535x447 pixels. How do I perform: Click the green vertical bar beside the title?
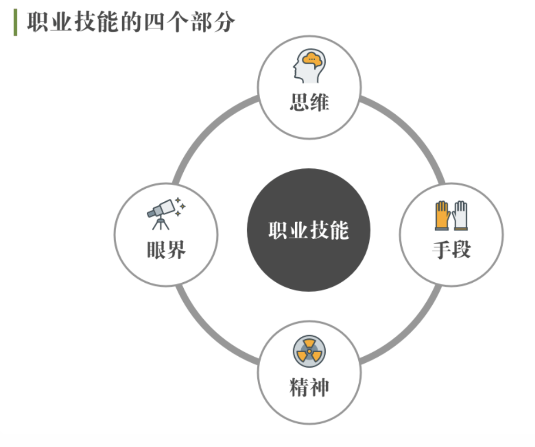[15, 22]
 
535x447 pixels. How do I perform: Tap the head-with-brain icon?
[309, 66]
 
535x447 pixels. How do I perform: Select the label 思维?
[309, 102]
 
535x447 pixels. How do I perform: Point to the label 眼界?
[166, 250]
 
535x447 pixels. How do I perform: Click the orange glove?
[442, 215]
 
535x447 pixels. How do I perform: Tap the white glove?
[460, 215]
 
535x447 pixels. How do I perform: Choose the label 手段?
[451, 250]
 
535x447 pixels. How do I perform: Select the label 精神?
[309, 387]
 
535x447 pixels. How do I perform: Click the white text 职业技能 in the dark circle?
[309, 230]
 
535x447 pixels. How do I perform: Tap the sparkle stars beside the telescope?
[180, 206]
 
